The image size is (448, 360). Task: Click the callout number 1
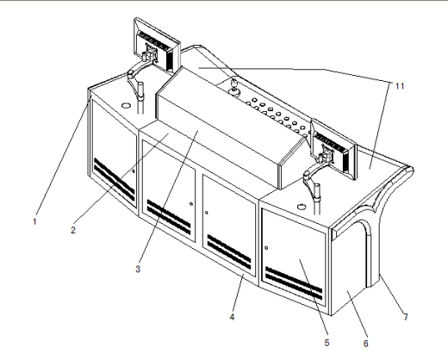tap(34, 221)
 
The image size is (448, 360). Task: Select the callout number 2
tap(73, 230)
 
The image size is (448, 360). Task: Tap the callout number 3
tap(138, 269)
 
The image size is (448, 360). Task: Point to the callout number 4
tap(232, 317)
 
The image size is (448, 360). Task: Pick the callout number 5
tap(327, 343)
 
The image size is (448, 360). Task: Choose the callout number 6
tap(366, 344)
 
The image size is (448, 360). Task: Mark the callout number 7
tap(406, 317)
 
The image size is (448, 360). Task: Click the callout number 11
tap(400, 86)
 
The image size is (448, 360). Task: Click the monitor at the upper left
tap(157, 44)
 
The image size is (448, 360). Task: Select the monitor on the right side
tap(334, 149)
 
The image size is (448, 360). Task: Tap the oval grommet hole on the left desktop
tap(126, 105)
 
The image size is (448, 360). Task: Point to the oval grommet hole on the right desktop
tap(302, 207)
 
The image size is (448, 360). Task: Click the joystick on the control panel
tap(235, 87)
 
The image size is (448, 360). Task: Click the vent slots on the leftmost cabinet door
tap(114, 179)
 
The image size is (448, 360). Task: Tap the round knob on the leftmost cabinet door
tap(134, 171)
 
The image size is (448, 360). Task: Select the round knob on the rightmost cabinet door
tap(266, 248)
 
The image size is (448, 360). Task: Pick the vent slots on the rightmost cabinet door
tap(294, 283)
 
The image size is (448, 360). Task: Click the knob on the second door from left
tap(191, 204)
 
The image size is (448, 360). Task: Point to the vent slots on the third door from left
tap(229, 251)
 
